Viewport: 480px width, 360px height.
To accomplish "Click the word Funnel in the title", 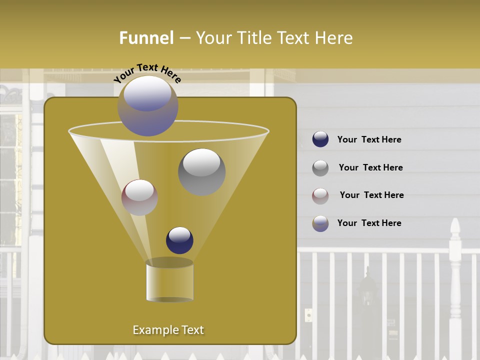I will pyautogui.click(x=146, y=38).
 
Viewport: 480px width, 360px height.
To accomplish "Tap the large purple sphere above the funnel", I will pyautogui.click(x=147, y=105).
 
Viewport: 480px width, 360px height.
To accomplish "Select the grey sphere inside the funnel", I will pyautogui.click(x=201, y=171).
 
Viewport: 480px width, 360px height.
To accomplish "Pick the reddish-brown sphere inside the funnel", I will pyautogui.click(x=140, y=197).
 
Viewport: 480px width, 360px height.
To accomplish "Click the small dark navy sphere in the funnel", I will pyautogui.click(x=179, y=240).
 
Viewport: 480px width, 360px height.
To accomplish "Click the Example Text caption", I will pyautogui.click(x=168, y=330).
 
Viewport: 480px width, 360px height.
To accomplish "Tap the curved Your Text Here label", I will pyautogui.click(x=147, y=73).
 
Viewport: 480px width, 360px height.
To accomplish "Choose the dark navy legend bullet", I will pyautogui.click(x=320, y=139).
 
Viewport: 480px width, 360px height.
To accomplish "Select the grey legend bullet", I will pyautogui.click(x=320, y=168).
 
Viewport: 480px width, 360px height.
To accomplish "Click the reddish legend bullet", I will pyautogui.click(x=320, y=196).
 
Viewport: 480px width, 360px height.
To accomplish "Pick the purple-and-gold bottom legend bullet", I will pyautogui.click(x=320, y=223).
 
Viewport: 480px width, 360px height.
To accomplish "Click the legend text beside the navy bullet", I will pyautogui.click(x=369, y=140).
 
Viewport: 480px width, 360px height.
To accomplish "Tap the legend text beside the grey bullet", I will pyautogui.click(x=370, y=168).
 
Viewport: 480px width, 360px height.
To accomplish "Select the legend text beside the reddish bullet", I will pyautogui.click(x=371, y=195).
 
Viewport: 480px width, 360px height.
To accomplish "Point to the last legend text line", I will pyautogui.click(x=369, y=223).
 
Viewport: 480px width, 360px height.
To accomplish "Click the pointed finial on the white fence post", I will pyautogui.click(x=454, y=227).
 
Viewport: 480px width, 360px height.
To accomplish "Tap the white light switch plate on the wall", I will pyautogui.click(x=308, y=315).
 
